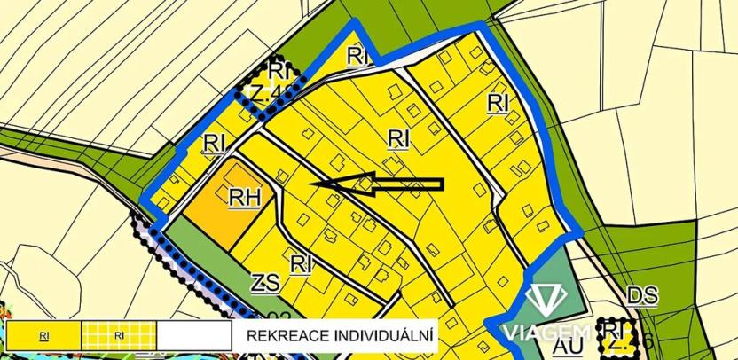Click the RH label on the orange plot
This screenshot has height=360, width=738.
[244, 198]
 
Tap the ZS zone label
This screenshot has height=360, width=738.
[265, 284]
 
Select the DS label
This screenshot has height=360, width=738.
[641, 296]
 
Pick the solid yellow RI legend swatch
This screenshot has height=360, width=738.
[43, 336]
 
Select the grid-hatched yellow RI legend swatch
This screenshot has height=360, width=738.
[120, 336]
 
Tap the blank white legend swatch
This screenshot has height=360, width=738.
[195, 336]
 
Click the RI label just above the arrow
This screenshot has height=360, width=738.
[398, 138]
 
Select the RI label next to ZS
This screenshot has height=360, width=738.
[302, 262]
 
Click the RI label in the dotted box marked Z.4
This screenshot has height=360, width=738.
[279, 69]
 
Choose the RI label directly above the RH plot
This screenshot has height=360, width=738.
[214, 142]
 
